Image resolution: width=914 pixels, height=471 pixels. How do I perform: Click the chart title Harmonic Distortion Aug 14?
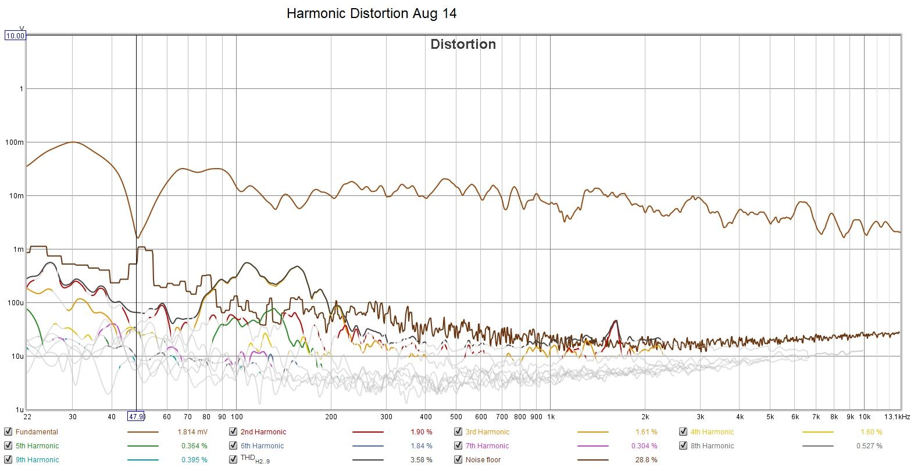[372, 13]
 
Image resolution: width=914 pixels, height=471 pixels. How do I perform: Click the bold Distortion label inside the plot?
[463, 44]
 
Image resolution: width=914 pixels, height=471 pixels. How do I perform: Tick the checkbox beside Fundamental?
[8, 431]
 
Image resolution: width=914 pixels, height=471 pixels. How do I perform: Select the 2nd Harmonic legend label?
[263, 432]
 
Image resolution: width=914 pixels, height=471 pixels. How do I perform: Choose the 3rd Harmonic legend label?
[487, 432]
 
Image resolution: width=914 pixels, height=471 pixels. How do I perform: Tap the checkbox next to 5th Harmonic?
[8, 445]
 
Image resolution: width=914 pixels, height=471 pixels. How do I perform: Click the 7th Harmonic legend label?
[487, 446]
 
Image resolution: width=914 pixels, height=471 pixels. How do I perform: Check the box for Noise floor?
[458, 459]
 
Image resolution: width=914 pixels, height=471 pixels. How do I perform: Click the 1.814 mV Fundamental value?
[192, 432]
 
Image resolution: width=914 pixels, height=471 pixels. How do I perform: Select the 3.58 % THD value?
[421, 460]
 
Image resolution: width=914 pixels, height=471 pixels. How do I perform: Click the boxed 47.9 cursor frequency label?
[136, 416]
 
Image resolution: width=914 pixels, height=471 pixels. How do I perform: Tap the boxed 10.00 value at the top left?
[15, 35]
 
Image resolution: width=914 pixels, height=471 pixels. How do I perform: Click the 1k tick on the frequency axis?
[551, 417]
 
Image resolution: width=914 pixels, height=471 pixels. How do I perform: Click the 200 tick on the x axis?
[331, 417]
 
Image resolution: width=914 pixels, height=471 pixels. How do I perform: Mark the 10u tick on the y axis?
[17, 356]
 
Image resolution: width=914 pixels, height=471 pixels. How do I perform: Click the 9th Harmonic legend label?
[37, 460]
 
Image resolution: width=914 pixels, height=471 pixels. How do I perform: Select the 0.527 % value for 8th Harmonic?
[869, 446]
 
